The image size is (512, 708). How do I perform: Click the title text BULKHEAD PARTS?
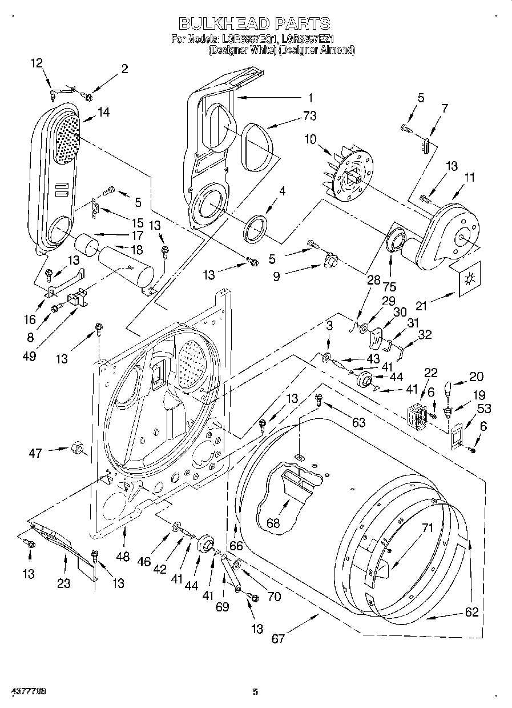click(255, 23)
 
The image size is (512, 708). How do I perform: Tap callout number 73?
click(309, 116)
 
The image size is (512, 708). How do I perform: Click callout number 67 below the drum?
click(278, 638)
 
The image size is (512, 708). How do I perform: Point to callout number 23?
click(63, 583)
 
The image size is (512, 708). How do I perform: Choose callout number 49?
click(29, 356)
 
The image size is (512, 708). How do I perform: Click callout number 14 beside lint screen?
click(103, 113)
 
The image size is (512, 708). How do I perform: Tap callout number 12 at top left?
click(37, 63)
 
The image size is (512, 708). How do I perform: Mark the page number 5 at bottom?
click(256, 692)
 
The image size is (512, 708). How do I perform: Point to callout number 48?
click(122, 556)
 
